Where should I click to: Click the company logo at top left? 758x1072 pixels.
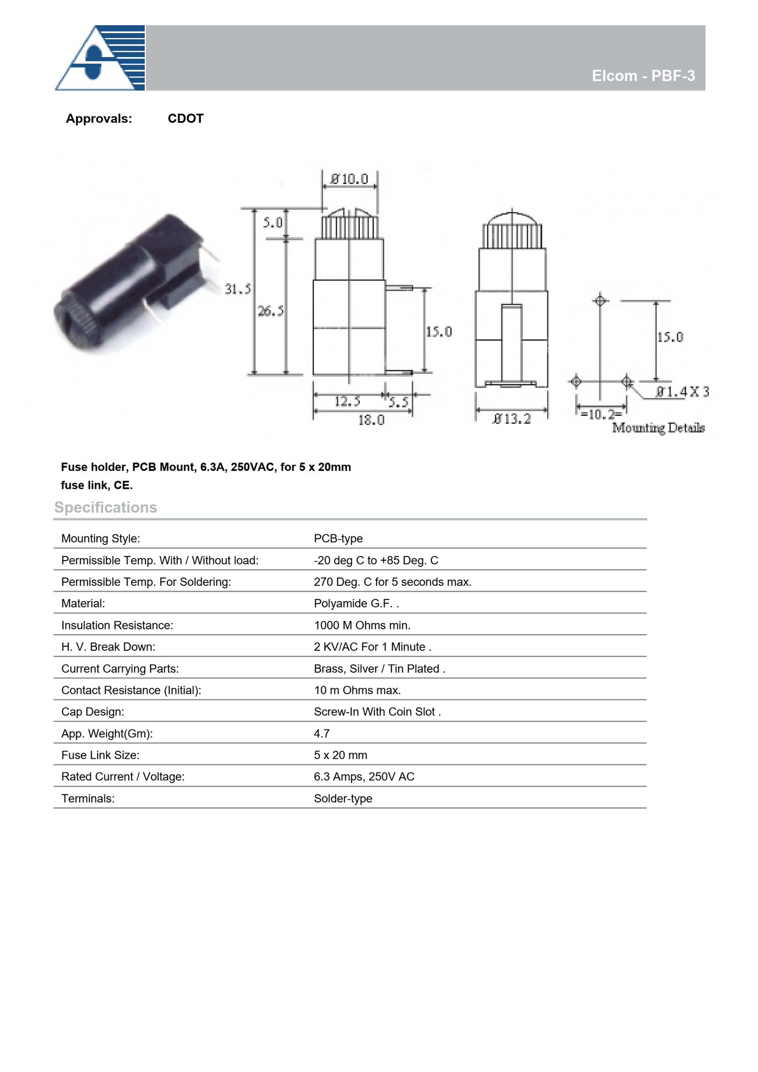pyautogui.click(x=100, y=58)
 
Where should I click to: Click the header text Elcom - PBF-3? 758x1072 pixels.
pyautogui.click(x=643, y=76)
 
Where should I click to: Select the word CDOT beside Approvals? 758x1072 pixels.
pyautogui.click(x=185, y=119)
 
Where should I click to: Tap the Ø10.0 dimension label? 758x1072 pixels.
pyautogui.click(x=349, y=179)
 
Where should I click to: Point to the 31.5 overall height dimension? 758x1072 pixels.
pyautogui.click(x=238, y=289)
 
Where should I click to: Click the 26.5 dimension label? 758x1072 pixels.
pyautogui.click(x=271, y=311)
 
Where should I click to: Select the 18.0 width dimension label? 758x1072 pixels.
pyautogui.click(x=371, y=420)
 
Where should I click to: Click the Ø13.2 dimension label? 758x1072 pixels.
pyautogui.click(x=511, y=419)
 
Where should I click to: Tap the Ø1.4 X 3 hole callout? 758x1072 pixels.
pyautogui.click(x=682, y=392)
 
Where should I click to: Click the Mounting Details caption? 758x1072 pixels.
pyautogui.click(x=658, y=428)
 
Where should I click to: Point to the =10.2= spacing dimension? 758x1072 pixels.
pyautogui.click(x=601, y=414)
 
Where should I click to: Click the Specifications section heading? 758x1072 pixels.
pyautogui.click(x=105, y=507)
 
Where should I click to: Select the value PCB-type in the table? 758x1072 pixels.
pyautogui.click(x=338, y=539)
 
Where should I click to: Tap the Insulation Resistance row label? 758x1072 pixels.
pyautogui.click(x=117, y=625)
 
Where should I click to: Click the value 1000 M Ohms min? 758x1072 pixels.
pyautogui.click(x=362, y=625)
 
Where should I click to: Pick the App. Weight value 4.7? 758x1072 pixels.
pyautogui.click(x=322, y=734)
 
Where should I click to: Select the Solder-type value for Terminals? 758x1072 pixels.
pyautogui.click(x=343, y=799)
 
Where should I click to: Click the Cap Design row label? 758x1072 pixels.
pyautogui.click(x=93, y=712)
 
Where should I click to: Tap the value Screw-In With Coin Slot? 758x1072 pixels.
pyautogui.click(x=376, y=712)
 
